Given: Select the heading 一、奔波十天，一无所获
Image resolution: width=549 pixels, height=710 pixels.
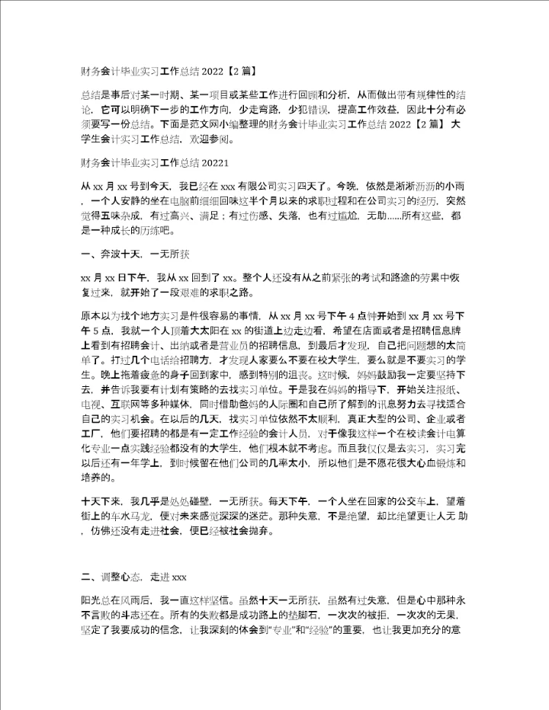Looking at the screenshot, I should pos(130,254).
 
